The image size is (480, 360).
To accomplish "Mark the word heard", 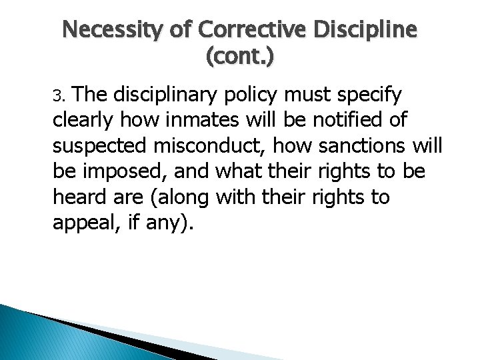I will (75, 198).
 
